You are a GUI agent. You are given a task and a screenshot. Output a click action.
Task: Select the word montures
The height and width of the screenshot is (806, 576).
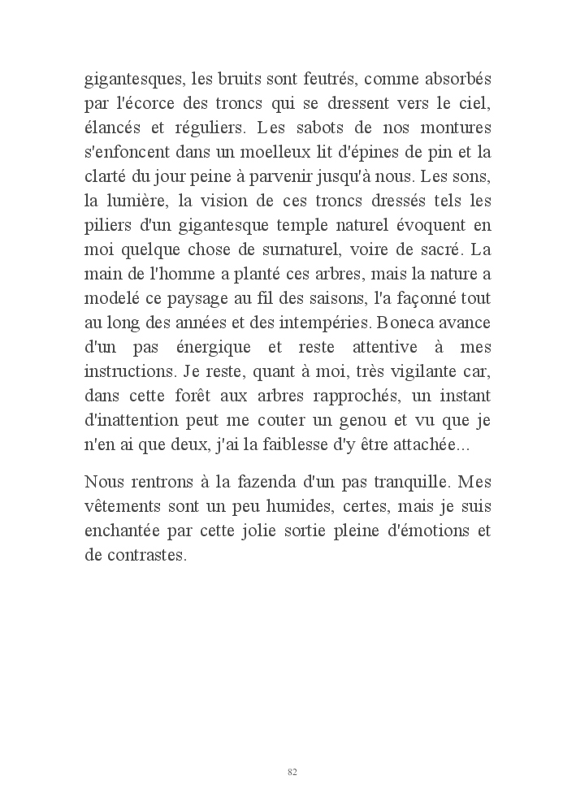coord(458,128)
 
